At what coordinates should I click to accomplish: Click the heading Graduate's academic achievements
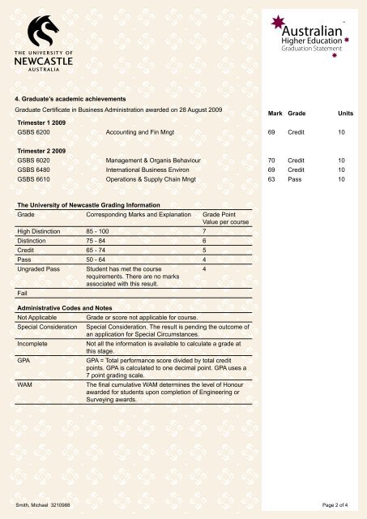(x=72, y=97)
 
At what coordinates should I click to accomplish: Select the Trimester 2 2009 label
(x=43, y=150)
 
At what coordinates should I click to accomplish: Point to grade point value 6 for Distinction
(x=205, y=241)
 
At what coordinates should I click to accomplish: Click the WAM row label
(x=24, y=385)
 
